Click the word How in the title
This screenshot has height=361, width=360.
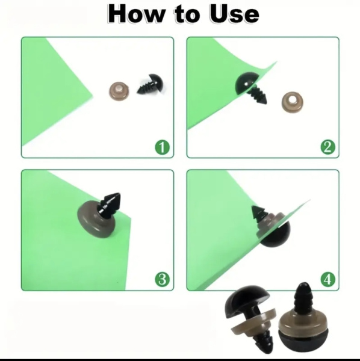click(x=135, y=14)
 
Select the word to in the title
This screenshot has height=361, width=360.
click(x=187, y=15)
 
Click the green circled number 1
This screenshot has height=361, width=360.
click(x=162, y=147)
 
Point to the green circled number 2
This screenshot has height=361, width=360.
click(x=328, y=147)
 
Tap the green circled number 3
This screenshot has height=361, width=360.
click(x=162, y=280)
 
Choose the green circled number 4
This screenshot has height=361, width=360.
click(x=328, y=280)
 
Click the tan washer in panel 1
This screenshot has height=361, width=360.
click(x=119, y=91)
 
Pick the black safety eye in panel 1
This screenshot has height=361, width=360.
click(x=151, y=84)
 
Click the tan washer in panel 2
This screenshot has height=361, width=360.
click(x=292, y=102)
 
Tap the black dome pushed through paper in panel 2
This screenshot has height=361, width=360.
click(x=246, y=83)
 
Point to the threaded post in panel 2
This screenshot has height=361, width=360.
click(x=258, y=94)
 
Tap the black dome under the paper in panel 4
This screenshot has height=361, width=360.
click(x=278, y=236)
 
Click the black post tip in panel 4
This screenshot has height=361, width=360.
click(x=258, y=213)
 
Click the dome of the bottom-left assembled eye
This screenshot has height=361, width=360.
click(x=246, y=299)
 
